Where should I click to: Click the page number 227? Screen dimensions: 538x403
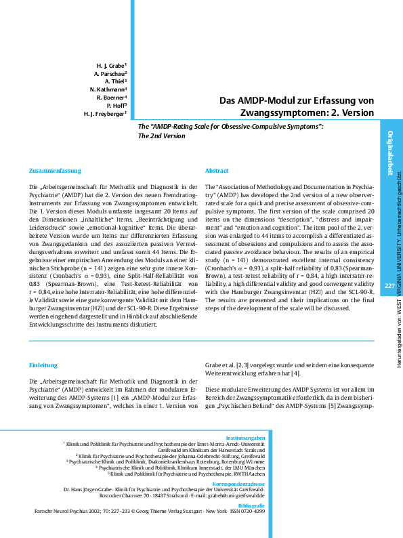(389, 268)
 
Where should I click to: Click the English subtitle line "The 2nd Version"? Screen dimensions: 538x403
(161, 136)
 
